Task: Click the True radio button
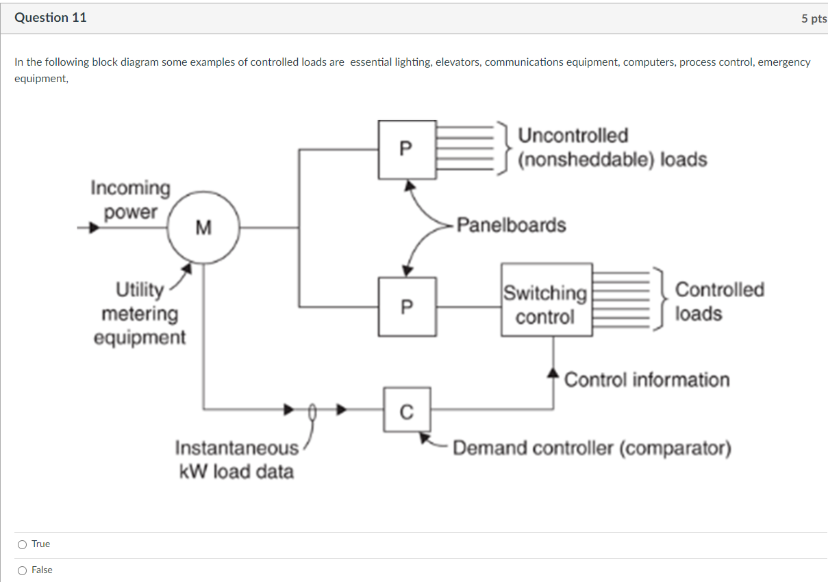[23, 544]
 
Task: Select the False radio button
[23, 570]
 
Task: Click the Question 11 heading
[51, 18]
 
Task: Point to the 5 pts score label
[814, 19]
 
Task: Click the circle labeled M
[203, 227]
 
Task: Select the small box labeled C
[407, 409]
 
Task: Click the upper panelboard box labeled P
[407, 149]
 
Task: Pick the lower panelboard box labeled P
[407, 306]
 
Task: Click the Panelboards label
[511, 225]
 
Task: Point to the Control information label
[647, 379]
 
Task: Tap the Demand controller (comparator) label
[592, 448]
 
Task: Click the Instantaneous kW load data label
[236, 459]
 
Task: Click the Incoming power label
[130, 199]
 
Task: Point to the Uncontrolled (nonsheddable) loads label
[612, 147]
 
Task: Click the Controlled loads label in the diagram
[719, 301]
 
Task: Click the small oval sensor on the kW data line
[313, 411]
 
